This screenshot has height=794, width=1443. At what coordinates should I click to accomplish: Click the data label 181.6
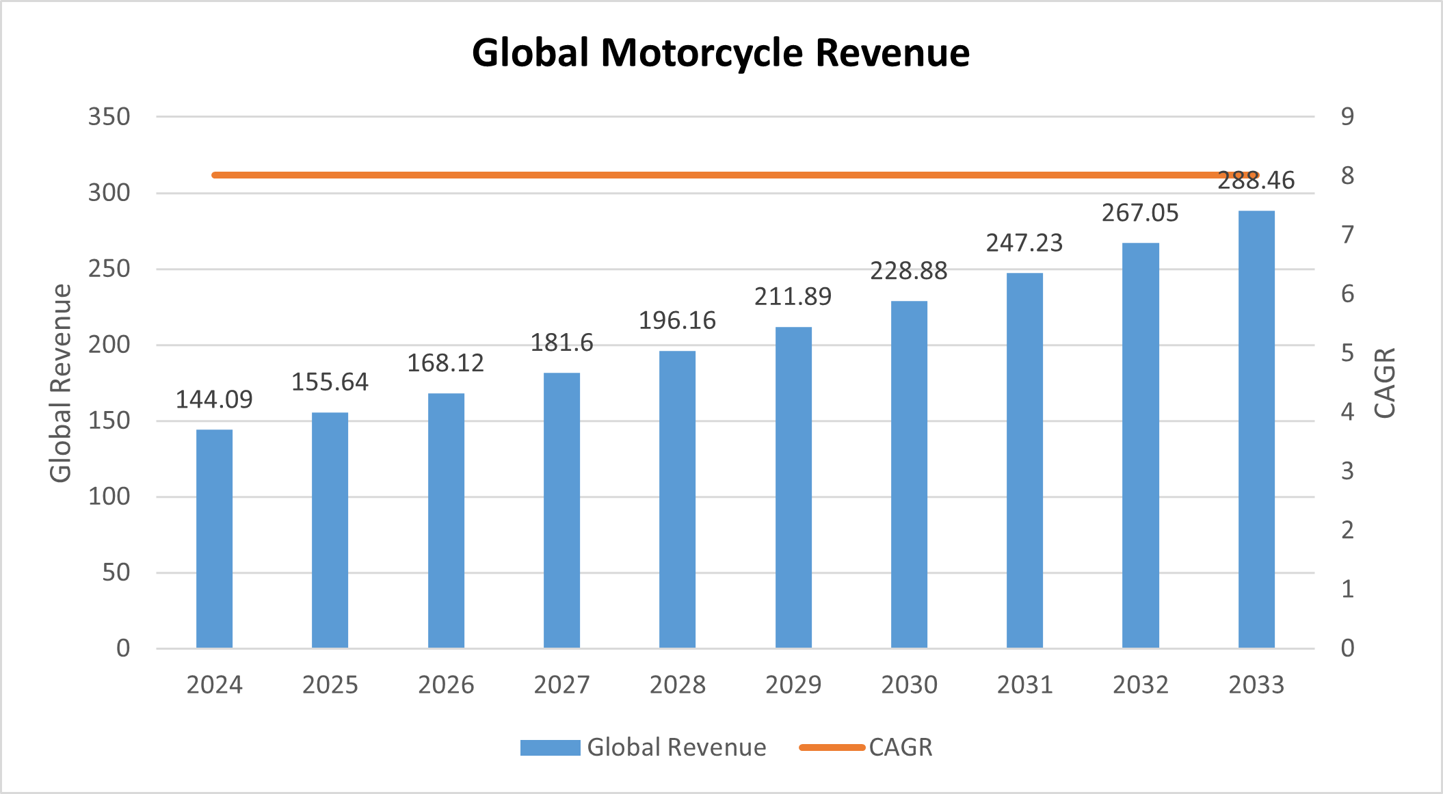pyautogui.click(x=561, y=343)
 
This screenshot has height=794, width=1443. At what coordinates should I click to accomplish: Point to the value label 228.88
pyautogui.click(x=908, y=272)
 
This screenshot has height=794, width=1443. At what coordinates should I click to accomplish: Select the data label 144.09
pyautogui.click(x=214, y=399)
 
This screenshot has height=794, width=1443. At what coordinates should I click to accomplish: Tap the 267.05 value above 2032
pyautogui.click(x=1140, y=213)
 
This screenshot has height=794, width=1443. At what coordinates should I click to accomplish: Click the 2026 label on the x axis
pyautogui.click(x=446, y=685)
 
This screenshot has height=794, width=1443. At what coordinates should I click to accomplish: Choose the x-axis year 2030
pyautogui.click(x=909, y=685)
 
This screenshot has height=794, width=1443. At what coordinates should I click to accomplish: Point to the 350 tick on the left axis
pyautogui.click(x=109, y=117)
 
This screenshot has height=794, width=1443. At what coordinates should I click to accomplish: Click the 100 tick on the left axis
pyautogui.click(x=109, y=497)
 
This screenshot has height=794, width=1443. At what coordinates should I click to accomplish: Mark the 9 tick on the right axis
pyautogui.click(x=1347, y=117)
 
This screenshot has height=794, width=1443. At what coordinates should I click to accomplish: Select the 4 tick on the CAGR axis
pyautogui.click(x=1347, y=412)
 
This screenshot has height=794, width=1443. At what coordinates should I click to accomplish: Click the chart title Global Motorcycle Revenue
pyautogui.click(x=721, y=53)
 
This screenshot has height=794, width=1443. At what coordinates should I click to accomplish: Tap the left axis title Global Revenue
pyautogui.click(x=61, y=383)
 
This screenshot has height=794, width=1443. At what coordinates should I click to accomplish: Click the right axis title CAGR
pyautogui.click(x=1384, y=383)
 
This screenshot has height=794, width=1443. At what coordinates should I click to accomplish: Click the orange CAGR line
pyautogui.click(x=684, y=175)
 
